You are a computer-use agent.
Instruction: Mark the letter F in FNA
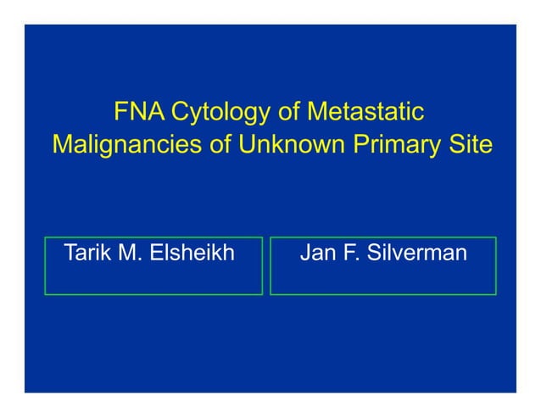tap(120, 112)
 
